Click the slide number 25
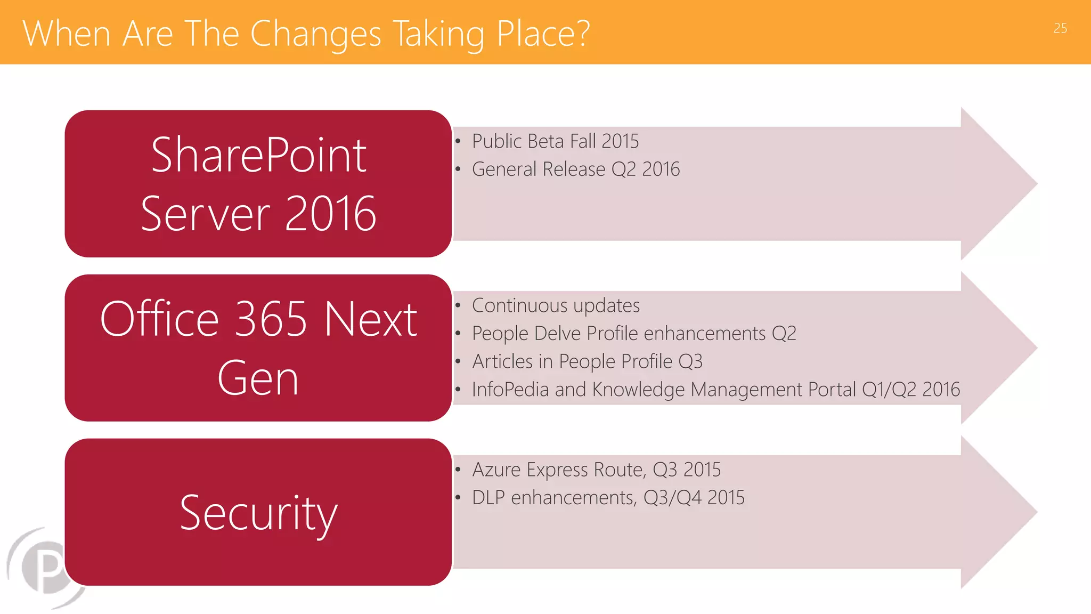point(1060,28)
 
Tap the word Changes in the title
point(315,34)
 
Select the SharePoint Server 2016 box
point(258,184)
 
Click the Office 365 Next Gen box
point(258,348)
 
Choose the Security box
point(258,512)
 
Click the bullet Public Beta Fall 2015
point(555,141)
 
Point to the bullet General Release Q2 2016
point(575,169)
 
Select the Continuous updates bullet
point(556,305)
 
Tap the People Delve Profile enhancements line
point(634,334)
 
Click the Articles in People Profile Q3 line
point(587,361)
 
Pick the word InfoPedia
point(510,390)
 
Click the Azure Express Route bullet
point(596,470)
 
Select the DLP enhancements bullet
point(608,498)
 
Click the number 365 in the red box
point(271,320)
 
